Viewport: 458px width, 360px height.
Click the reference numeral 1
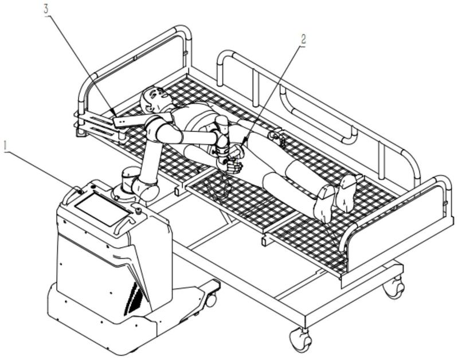(6, 147)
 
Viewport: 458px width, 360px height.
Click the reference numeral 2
(303, 40)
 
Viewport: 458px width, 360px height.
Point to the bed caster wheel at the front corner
(300, 340)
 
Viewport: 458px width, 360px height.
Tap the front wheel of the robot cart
(210, 299)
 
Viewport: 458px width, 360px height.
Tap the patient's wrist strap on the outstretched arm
(275, 135)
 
